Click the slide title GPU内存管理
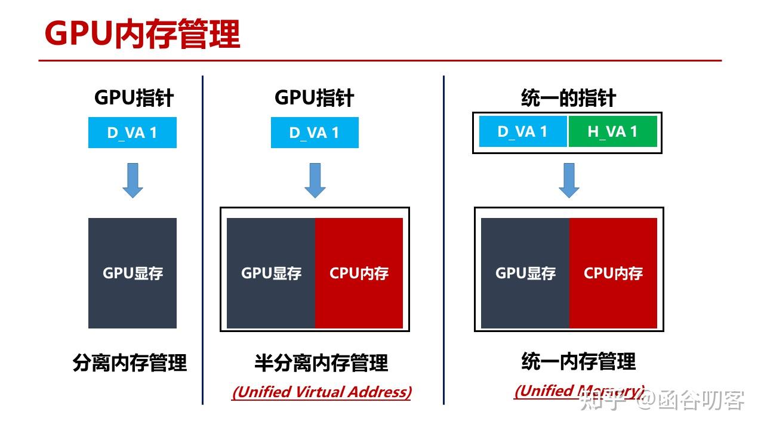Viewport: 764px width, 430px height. tap(142, 34)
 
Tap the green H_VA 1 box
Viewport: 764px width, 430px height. tap(612, 131)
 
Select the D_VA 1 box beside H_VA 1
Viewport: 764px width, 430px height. tap(523, 131)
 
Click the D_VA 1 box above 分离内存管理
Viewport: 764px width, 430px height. tap(132, 133)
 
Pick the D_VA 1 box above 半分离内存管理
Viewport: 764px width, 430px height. tap(315, 133)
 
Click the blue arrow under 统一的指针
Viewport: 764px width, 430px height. tap(569, 180)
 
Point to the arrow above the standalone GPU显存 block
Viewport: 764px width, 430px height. tap(133, 180)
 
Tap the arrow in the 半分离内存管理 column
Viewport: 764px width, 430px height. tap(315, 180)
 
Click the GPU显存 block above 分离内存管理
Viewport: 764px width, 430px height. tap(133, 273)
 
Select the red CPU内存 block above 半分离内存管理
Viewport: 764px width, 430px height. tap(359, 273)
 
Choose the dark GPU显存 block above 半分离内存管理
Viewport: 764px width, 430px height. tap(271, 273)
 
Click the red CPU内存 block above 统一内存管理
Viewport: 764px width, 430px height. tap(613, 273)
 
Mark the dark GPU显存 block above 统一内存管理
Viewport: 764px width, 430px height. tap(525, 273)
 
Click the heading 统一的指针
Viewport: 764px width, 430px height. tap(568, 99)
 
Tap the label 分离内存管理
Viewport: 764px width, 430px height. tap(130, 363)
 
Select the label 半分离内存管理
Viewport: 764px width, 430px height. tap(321, 363)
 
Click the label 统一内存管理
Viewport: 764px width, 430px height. tap(578, 361)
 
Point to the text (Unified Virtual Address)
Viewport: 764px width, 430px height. tap(321, 392)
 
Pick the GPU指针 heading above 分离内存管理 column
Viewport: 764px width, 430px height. tap(134, 98)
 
